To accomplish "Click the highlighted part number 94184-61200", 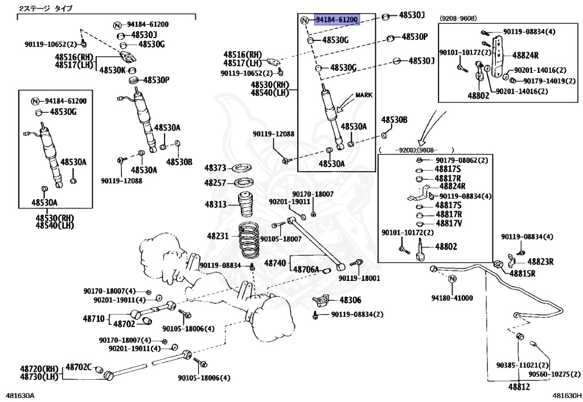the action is pos(337,19).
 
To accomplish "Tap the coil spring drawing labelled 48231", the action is pos(249,240).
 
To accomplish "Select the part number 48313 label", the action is pos(216,205).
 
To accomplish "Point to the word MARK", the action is pos(364,95).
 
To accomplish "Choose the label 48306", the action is pos(350,300).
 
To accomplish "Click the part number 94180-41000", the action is pos(452,298).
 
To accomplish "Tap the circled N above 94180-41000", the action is pos(453,279).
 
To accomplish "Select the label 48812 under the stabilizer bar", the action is pos(519,387).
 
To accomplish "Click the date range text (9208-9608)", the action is pos(458,18).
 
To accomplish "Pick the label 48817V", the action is pos(449,223).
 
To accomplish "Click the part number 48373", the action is pos(215,168).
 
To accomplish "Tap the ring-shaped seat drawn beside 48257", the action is pos(245,183).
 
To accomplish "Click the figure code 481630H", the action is pos(566,396).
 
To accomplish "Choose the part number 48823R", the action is pos(540,262).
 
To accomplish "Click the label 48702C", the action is pos(79,367).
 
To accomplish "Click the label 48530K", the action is pos(113,70).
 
